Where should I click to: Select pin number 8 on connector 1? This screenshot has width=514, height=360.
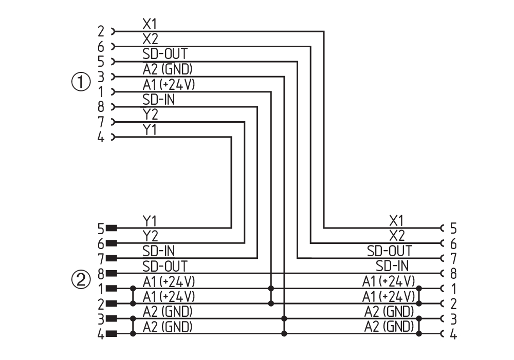(101, 107)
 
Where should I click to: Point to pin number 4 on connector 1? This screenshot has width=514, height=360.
(101, 138)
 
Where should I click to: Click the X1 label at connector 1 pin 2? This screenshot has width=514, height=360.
(150, 24)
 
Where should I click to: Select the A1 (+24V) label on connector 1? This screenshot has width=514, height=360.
(169, 85)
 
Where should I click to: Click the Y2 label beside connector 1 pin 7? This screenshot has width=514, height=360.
(150, 115)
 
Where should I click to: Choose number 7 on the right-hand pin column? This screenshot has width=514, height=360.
(453, 258)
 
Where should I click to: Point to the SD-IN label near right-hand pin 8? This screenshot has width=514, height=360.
(392, 266)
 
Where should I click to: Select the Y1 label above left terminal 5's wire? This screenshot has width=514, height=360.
(150, 221)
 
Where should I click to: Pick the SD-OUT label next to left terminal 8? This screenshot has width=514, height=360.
(164, 266)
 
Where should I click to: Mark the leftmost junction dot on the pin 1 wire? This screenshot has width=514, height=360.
(134, 289)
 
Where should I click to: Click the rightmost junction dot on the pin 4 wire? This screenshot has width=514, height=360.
(419, 334)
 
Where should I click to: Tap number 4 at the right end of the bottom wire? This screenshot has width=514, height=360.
(453, 334)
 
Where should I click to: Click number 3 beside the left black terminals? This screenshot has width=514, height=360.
(101, 318)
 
